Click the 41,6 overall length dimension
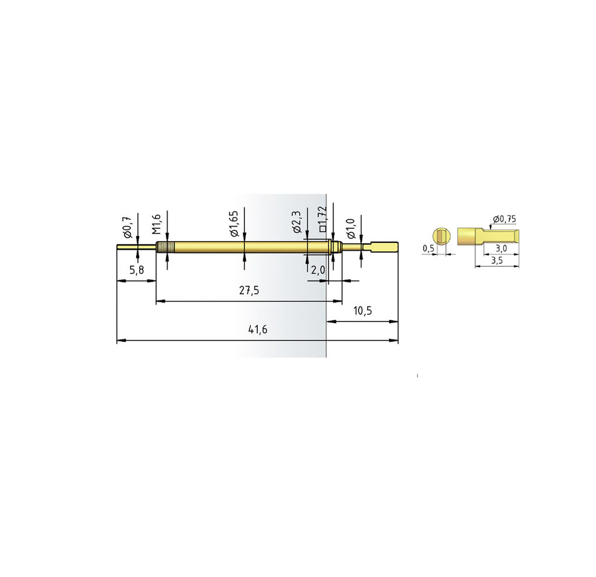(x=258, y=330)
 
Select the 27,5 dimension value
(x=249, y=291)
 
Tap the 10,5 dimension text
(x=362, y=311)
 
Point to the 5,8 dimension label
(x=137, y=270)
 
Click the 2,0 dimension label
(x=318, y=270)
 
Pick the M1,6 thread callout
(x=157, y=224)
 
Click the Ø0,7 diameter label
(x=127, y=227)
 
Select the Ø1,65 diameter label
(x=234, y=224)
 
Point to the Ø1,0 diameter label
(x=350, y=229)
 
